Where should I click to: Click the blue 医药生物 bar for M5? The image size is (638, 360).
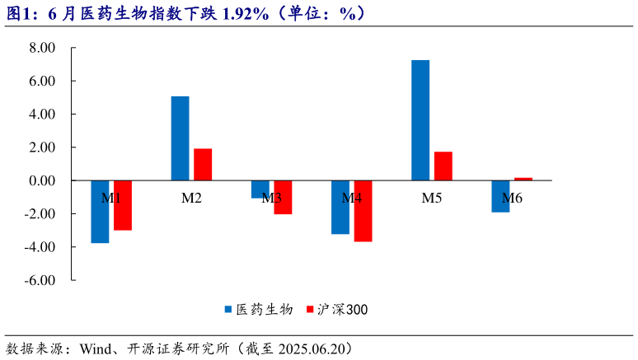(420, 120)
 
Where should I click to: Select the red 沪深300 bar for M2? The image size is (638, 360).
(203, 165)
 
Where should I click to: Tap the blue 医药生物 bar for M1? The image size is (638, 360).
(100, 212)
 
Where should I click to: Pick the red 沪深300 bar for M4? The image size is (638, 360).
(363, 211)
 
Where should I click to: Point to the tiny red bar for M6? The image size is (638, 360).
(523, 179)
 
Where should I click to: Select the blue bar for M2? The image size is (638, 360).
(180, 138)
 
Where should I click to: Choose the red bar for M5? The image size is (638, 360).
(443, 166)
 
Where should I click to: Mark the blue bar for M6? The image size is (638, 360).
(500, 196)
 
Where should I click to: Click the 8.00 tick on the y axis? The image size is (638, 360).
(41, 48)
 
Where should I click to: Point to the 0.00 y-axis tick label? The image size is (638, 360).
(41, 180)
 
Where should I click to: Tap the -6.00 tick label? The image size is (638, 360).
(40, 280)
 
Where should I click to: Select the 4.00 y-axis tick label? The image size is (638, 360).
(41, 115)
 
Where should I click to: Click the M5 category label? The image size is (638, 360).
(432, 199)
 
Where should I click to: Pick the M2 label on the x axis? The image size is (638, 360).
(191, 199)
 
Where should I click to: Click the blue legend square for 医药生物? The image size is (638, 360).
(228, 310)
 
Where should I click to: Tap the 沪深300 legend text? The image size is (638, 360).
(343, 310)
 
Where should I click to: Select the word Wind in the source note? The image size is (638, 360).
(96, 348)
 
